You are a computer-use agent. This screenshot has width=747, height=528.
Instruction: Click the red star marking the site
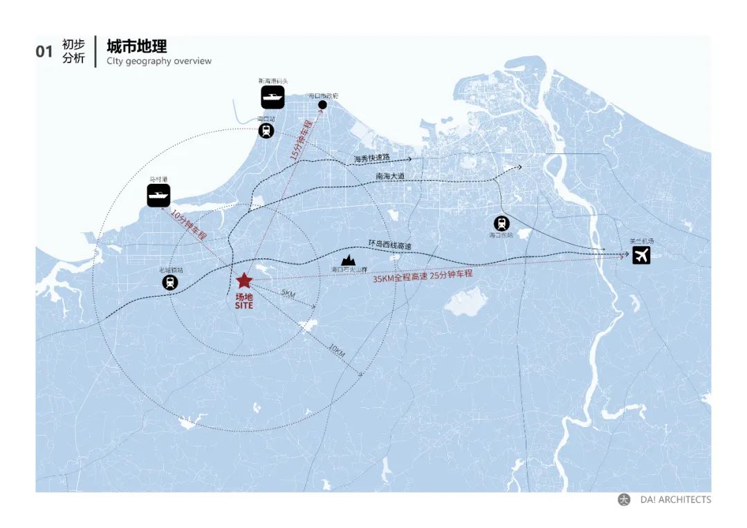pos(243,281)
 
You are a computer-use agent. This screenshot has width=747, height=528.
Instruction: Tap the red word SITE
pos(244,305)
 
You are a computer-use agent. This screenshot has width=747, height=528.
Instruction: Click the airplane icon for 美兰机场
pos(641,255)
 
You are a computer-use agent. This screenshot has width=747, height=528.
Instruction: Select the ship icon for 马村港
pos(158,196)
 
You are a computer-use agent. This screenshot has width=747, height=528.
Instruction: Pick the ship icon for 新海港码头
pos(273,97)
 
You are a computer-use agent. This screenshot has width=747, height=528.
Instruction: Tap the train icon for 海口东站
pos(501,223)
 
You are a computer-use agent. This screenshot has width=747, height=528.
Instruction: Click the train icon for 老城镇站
pos(169,282)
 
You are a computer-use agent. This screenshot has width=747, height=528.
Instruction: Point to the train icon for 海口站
pos(266,131)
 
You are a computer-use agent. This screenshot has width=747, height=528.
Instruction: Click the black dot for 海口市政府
pos(322,105)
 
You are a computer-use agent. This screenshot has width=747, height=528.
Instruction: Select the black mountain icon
pos(349,260)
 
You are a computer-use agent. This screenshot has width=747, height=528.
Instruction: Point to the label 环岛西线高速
pos(389,245)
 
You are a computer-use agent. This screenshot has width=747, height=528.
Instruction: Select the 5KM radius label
pos(288,294)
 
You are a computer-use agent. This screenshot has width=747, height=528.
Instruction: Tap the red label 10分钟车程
pos(189,224)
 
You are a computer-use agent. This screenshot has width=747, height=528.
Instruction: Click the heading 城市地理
pos(137,47)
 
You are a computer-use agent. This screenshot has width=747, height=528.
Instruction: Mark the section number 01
pos(44,52)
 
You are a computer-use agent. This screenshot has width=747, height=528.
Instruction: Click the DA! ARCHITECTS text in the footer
pos(675,500)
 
